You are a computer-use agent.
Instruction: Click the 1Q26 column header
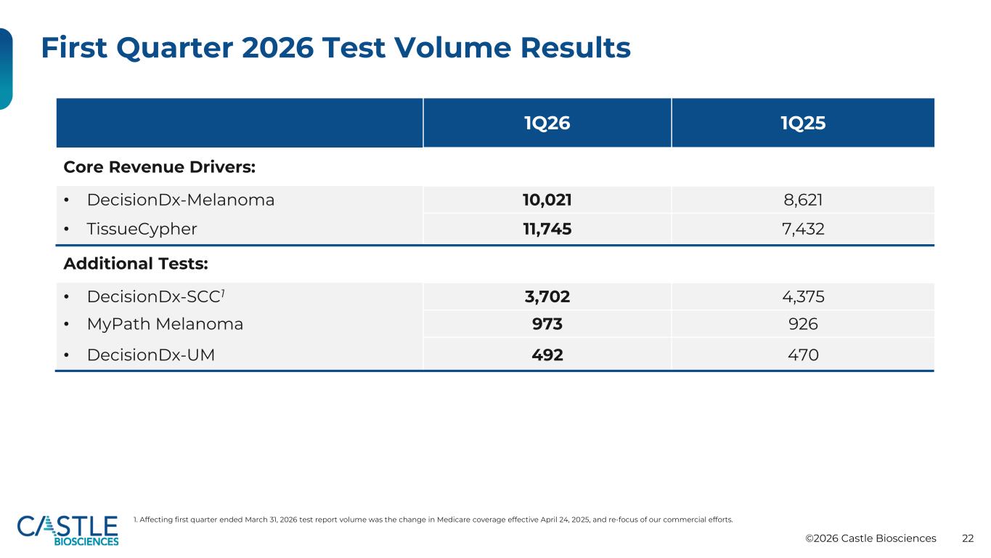tap(547, 123)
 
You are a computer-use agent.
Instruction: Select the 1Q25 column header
tap(802, 123)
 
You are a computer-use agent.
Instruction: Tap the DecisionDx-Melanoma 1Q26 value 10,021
tap(547, 201)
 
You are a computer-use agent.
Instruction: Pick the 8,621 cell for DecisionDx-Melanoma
tap(802, 201)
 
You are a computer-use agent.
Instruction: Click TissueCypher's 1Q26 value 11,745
tap(547, 229)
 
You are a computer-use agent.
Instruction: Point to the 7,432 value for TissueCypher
tap(802, 229)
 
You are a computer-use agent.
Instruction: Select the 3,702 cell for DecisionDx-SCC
tap(547, 296)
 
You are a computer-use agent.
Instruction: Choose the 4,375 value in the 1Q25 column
tap(802, 296)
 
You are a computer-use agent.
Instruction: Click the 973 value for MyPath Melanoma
tap(547, 324)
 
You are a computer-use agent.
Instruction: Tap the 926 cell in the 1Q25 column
tap(802, 324)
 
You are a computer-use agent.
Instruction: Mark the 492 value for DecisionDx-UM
tap(547, 355)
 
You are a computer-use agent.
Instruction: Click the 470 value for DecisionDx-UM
tap(802, 355)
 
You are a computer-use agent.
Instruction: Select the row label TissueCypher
tap(142, 230)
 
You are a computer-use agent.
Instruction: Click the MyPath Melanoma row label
tap(165, 324)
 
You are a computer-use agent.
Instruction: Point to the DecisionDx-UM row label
tap(151, 355)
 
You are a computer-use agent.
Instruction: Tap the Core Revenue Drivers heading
tap(159, 167)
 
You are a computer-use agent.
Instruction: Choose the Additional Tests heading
tap(136, 264)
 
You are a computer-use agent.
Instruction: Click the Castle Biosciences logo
tap(68, 530)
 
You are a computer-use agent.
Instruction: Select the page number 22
tap(968, 538)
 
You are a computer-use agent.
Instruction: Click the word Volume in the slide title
tap(452, 47)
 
